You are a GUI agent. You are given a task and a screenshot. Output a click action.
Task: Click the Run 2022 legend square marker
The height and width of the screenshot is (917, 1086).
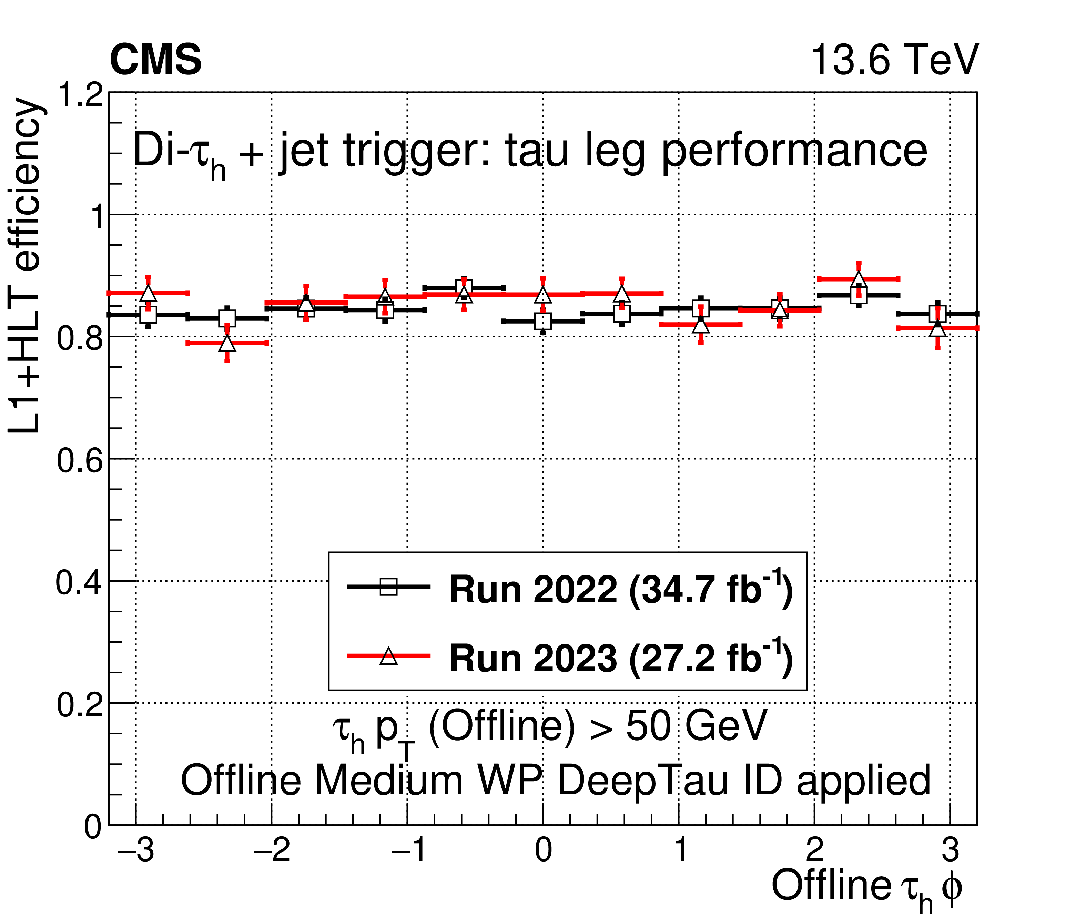point(388,587)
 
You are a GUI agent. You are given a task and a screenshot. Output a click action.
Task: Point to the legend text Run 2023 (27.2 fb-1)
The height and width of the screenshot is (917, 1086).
point(621,658)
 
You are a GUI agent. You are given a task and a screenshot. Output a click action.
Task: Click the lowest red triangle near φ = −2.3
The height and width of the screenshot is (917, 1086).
point(227,344)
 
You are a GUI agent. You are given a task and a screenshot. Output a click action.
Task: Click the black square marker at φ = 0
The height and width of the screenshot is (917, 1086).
point(543,321)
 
